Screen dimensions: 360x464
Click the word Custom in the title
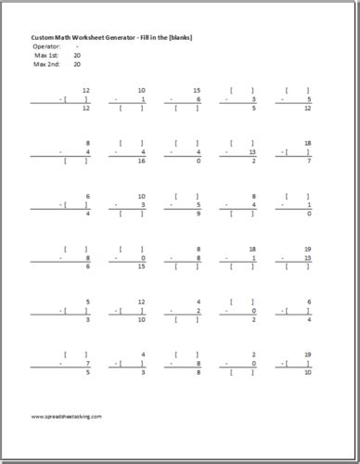click(x=43, y=36)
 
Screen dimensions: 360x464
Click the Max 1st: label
click(x=45, y=55)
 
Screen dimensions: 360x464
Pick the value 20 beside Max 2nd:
click(x=76, y=64)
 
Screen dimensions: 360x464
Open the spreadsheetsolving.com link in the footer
click(x=67, y=417)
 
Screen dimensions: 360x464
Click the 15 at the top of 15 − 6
click(x=197, y=90)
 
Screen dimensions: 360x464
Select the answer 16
click(x=141, y=161)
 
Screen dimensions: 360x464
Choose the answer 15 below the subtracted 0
click(x=141, y=266)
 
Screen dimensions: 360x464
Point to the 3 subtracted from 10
click(x=141, y=99)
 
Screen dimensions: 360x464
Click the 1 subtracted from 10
click(x=141, y=205)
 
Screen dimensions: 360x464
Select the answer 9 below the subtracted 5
click(x=197, y=213)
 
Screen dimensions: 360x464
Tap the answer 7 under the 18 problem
click(x=307, y=161)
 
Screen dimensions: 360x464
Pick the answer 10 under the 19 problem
click(x=307, y=371)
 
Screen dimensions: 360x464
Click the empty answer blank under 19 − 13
click(x=297, y=266)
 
